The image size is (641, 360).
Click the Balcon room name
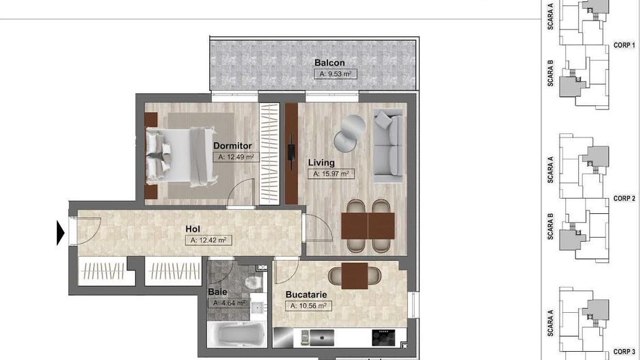329,63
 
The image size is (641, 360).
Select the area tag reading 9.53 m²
335,74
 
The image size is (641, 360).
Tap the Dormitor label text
232,146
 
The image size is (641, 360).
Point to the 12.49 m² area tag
236,157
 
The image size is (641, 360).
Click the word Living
321,163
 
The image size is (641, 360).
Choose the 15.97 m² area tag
331,174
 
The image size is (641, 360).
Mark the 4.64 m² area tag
229,303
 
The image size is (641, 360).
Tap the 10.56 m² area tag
311,306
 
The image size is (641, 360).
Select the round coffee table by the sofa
349,134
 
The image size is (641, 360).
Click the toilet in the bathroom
252,283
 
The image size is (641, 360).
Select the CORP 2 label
624,198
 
